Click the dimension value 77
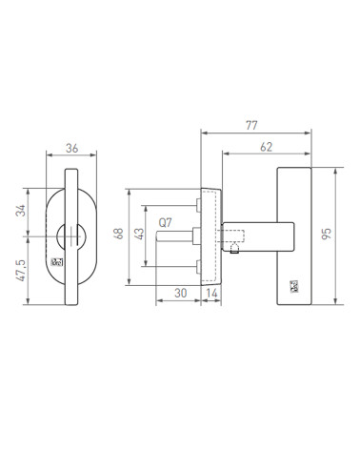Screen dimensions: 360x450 click(251, 126)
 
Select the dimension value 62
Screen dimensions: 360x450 click(266, 147)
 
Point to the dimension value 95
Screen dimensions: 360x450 click(327, 234)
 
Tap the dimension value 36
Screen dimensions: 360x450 click(71, 148)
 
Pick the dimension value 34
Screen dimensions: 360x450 click(21, 211)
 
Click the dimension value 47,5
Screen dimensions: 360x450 click(21, 270)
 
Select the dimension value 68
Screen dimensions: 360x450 click(119, 234)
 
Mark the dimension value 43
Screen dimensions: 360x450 click(139, 234)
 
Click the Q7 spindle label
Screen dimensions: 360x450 click(165, 223)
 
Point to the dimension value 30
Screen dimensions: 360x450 click(181, 293)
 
